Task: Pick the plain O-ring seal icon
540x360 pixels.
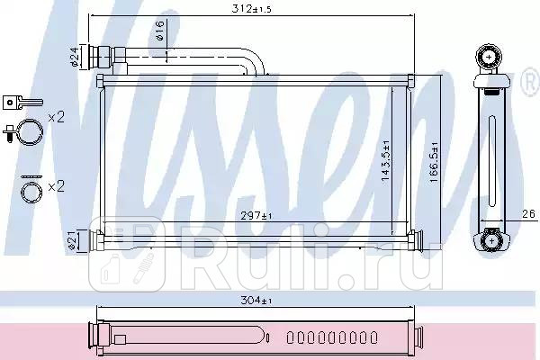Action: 31,191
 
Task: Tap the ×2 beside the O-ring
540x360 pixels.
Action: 56,186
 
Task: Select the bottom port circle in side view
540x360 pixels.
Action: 490,239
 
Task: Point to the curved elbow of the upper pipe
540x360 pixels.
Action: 256,62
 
